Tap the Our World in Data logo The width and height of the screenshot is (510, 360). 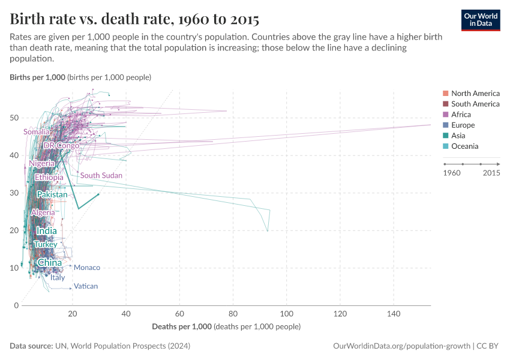tap(480, 19)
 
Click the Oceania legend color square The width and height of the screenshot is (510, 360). tap(445, 146)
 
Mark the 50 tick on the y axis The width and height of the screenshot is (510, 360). tap(14, 118)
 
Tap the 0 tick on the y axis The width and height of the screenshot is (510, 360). tap(16, 305)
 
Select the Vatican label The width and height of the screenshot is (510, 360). tap(86, 286)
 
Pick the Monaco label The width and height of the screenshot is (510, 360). tap(86, 268)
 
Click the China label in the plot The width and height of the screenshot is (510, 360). tap(49, 263)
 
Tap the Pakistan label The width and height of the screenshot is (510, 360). tap(52, 195)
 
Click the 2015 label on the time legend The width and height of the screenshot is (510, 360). tap(491, 173)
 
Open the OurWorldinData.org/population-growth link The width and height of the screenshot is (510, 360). tap(401, 346)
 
